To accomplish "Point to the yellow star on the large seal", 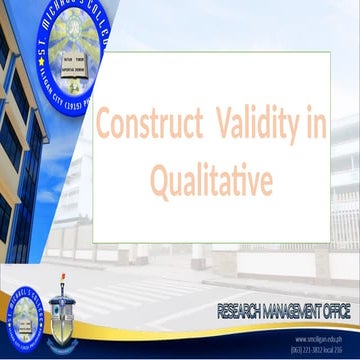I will (x=51, y=81).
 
